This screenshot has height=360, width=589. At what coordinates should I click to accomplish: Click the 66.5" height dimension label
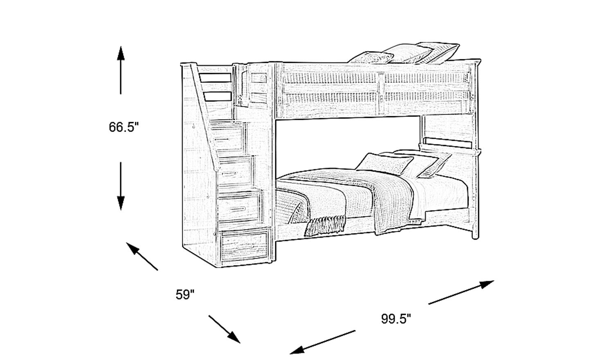pyautogui.click(x=124, y=127)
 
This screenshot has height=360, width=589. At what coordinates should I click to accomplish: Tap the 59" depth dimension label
pyautogui.click(x=185, y=294)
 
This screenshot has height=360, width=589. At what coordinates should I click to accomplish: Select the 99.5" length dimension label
pyautogui.click(x=396, y=319)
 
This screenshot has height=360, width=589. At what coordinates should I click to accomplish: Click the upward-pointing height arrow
pyautogui.click(x=121, y=70)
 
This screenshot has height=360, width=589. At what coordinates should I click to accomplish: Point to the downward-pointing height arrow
pyautogui.click(x=121, y=186)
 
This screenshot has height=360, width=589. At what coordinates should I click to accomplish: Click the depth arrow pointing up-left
pyautogui.click(x=142, y=256)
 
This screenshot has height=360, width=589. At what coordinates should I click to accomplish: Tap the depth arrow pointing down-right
pyautogui.click(x=224, y=329)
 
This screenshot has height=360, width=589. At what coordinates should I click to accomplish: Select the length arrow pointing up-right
pyautogui.click(x=461, y=292)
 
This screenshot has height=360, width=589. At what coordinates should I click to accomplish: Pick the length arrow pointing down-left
pyautogui.click(x=322, y=342)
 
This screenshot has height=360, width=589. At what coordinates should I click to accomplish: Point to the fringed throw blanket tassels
pyautogui.click(x=325, y=226)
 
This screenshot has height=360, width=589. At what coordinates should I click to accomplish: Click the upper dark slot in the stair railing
pyautogui.click(x=215, y=78)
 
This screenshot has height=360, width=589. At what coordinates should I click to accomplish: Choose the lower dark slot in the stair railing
pyautogui.click(x=218, y=96)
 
